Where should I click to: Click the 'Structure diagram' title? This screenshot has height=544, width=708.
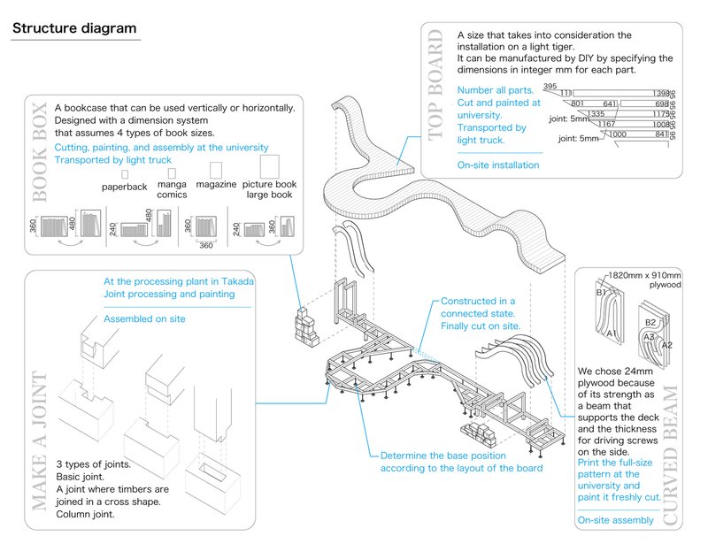pos(74,28)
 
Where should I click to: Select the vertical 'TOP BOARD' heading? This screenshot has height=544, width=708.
pos(435,85)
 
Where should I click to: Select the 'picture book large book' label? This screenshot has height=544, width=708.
pos(271,189)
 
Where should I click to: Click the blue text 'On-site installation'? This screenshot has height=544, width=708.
pos(498,165)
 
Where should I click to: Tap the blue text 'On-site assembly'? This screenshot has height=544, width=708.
pos(616,520)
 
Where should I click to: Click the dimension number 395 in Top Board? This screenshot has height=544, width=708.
pos(550,87)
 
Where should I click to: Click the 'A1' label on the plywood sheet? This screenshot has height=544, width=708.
pos(611,333)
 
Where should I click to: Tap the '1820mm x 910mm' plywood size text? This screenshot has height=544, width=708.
pos(634,274)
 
